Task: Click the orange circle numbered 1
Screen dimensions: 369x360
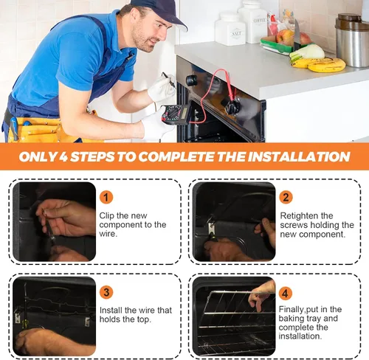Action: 106,197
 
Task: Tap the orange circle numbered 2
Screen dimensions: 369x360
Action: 286,197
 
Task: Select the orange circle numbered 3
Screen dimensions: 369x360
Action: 106,292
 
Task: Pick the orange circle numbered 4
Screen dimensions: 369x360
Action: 285,293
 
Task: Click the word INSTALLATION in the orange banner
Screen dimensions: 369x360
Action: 299,156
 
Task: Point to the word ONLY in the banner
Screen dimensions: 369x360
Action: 38,156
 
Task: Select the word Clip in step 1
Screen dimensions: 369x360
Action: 107,215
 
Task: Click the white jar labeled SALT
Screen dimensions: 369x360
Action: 230,29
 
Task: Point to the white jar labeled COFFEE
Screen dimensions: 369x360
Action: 253,21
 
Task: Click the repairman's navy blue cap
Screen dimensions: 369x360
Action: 160,12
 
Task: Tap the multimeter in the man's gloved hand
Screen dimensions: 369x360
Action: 176,114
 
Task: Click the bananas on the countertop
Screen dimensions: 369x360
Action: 318,65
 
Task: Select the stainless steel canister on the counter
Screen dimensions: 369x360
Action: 352,40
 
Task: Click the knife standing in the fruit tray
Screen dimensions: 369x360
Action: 297,35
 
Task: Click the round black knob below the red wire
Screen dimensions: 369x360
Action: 232,105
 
